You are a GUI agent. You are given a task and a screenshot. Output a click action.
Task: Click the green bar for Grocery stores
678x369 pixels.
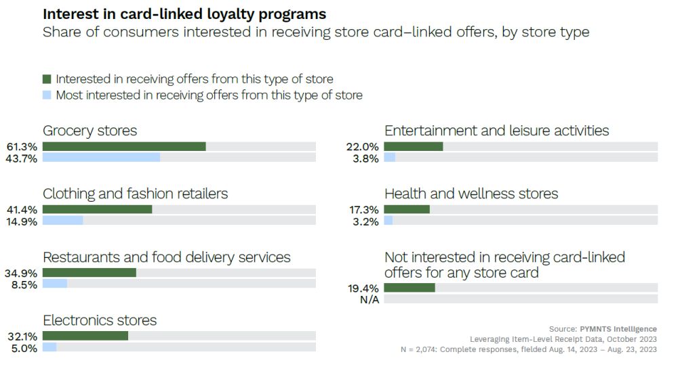click(x=124, y=146)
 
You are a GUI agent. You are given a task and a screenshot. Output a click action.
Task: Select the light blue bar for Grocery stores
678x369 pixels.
click(x=101, y=158)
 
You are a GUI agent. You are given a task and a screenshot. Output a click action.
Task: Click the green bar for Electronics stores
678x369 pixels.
click(x=85, y=336)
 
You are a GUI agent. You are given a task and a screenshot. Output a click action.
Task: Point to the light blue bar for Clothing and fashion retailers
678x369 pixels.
click(x=62, y=221)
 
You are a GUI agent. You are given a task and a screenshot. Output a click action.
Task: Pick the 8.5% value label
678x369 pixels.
click(x=26, y=284)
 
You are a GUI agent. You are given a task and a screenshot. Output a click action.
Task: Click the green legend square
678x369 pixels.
click(x=47, y=79)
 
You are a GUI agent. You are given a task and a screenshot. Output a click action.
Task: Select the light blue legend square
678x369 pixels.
click(x=47, y=95)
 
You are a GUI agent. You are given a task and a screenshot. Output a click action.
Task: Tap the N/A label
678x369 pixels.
click(x=368, y=299)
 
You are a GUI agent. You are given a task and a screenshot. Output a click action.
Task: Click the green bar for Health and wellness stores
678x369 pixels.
click(x=407, y=209)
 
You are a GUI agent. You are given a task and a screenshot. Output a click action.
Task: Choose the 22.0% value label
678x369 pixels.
click(x=363, y=147)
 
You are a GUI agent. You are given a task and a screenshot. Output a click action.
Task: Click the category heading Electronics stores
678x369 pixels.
click(x=100, y=320)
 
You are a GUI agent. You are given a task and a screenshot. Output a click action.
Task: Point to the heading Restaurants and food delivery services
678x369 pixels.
click(x=166, y=257)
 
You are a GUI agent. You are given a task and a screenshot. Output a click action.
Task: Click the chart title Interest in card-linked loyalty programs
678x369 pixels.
click(x=184, y=14)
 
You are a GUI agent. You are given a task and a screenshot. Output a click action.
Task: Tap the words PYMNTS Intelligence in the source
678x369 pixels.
click(x=618, y=329)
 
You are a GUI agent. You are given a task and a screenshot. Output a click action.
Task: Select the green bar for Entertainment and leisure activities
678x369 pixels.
click(x=413, y=146)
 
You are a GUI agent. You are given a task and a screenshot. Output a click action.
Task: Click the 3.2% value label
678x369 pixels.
click(x=365, y=221)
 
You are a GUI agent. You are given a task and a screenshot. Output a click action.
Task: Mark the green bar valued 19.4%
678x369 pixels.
click(x=410, y=288)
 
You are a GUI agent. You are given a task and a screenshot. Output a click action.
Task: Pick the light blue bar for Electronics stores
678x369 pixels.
click(x=49, y=347)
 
